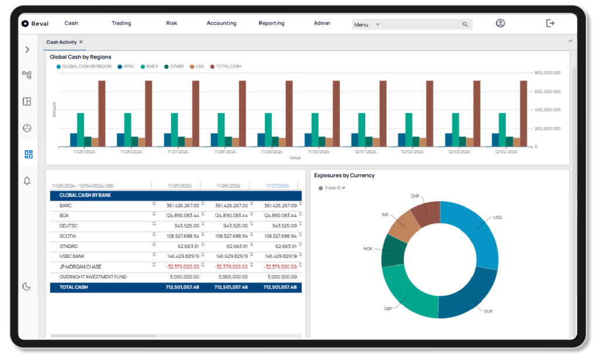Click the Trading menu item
pyautogui.click(x=121, y=23)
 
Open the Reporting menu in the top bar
pyautogui.click(x=271, y=23)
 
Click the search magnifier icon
pyautogui.click(x=465, y=25)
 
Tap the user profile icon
pyautogui.click(x=500, y=23)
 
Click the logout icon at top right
pyautogui.click(x=550, y=23)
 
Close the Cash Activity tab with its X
pyautogui.click(x=81, y=42)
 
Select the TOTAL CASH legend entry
pyautogui.click(x=228, y=67)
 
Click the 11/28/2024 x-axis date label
pyautogui.click(x=224, y=152)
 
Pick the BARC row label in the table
pyautogui.click(x=65, y=206)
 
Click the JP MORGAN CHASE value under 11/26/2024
pyautogui.click(x=231, y=266)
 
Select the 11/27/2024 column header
pyautogui.click(x=277, y=186)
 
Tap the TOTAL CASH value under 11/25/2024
pyautogui.click(x=182, y=287)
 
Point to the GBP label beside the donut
pyautogui.click(x=388, y=308)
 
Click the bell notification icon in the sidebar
pyautogui.click(x=27, y=181)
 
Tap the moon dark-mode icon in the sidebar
pyautogui.click(x=27, y=287)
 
